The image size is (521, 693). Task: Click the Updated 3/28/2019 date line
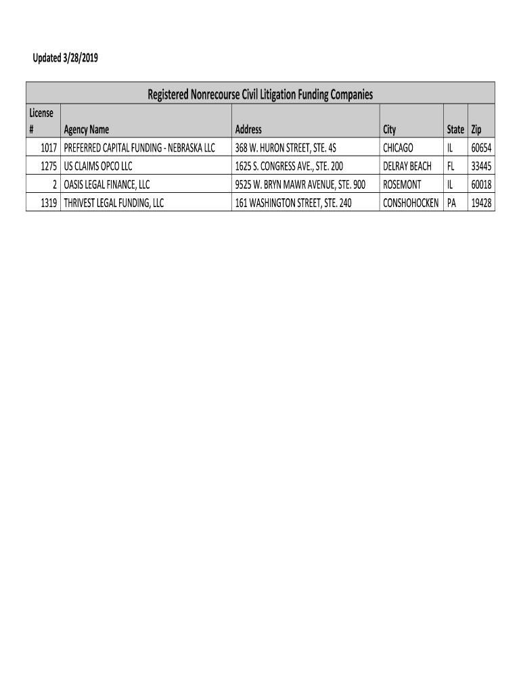coord(66,58)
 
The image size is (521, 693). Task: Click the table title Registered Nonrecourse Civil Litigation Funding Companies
coord(260,94)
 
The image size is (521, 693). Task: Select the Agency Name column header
coord(86,129)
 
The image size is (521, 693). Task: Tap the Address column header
coord(248,129)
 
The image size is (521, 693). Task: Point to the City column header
coord(390,129)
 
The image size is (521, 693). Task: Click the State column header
coord(455,129)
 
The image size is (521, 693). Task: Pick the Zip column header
coord(476,129)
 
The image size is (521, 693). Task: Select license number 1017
coord(47,148)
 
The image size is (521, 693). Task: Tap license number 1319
coord(47,202)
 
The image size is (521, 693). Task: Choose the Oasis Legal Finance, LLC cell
coord(106,184)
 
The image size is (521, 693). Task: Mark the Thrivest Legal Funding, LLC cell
coord(114,202)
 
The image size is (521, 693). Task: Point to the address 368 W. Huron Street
coord(286,148)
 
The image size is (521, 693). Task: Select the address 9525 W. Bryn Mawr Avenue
coord(300,184)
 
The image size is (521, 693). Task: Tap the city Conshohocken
coord(411,202)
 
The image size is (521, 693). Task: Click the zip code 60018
coord(481,184)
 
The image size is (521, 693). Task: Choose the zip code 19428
coord(481,202)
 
